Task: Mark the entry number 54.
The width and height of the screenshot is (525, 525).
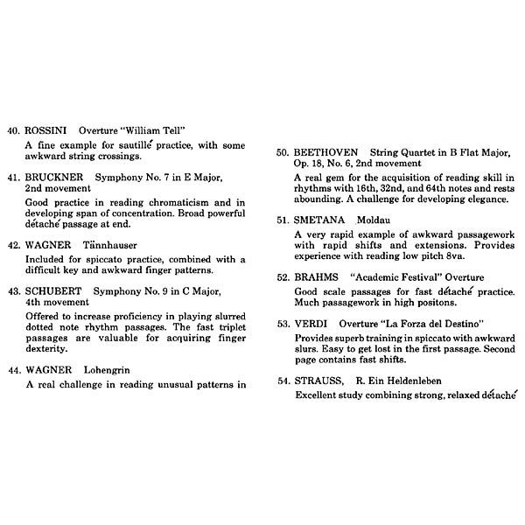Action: point(283,381)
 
